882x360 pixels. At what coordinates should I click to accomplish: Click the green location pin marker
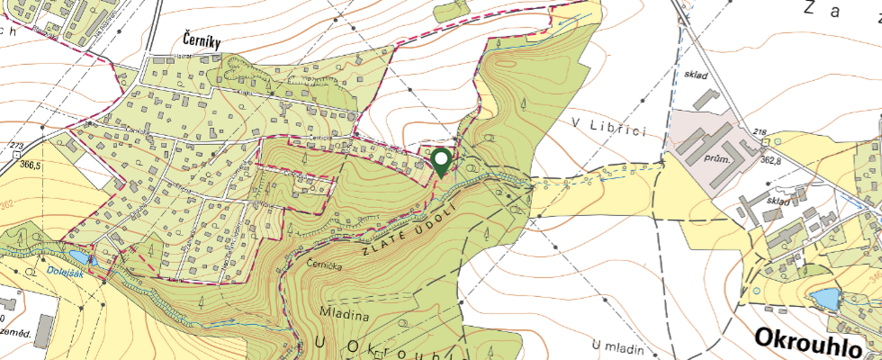point(441,162)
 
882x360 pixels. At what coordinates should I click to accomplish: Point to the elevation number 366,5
point(31,165)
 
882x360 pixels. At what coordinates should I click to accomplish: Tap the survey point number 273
point(15,146)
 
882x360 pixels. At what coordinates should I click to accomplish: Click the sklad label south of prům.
point(778,201)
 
